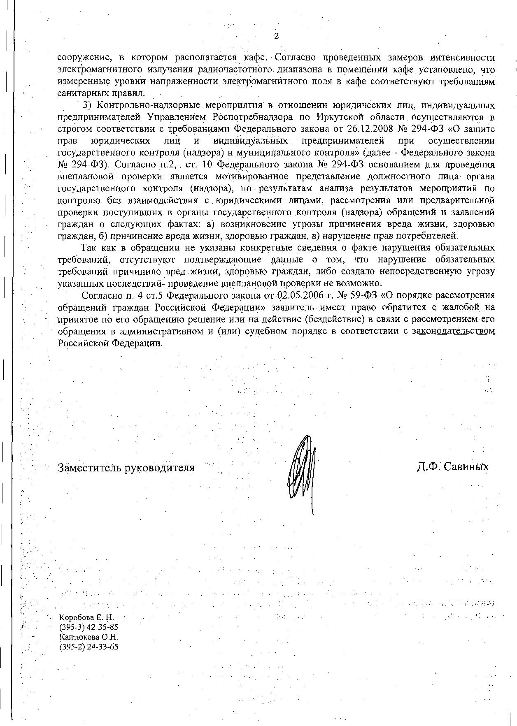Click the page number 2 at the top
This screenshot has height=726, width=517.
pyautogui.click(x=276, y=36)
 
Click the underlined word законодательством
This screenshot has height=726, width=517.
pyautogui.click(x=453, y=331)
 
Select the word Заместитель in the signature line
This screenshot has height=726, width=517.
pyautogui.click(x=88, y=468)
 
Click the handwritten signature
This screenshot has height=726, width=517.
pyautogui.click(x=303, y=469)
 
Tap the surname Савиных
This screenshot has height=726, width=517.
pyautogui.click(x=466, y=467)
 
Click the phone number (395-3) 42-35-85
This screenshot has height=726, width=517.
pyautogui.click(x=88, y=627)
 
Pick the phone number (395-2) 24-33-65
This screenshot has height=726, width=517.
pyautogui.click(x=88, y=647)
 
